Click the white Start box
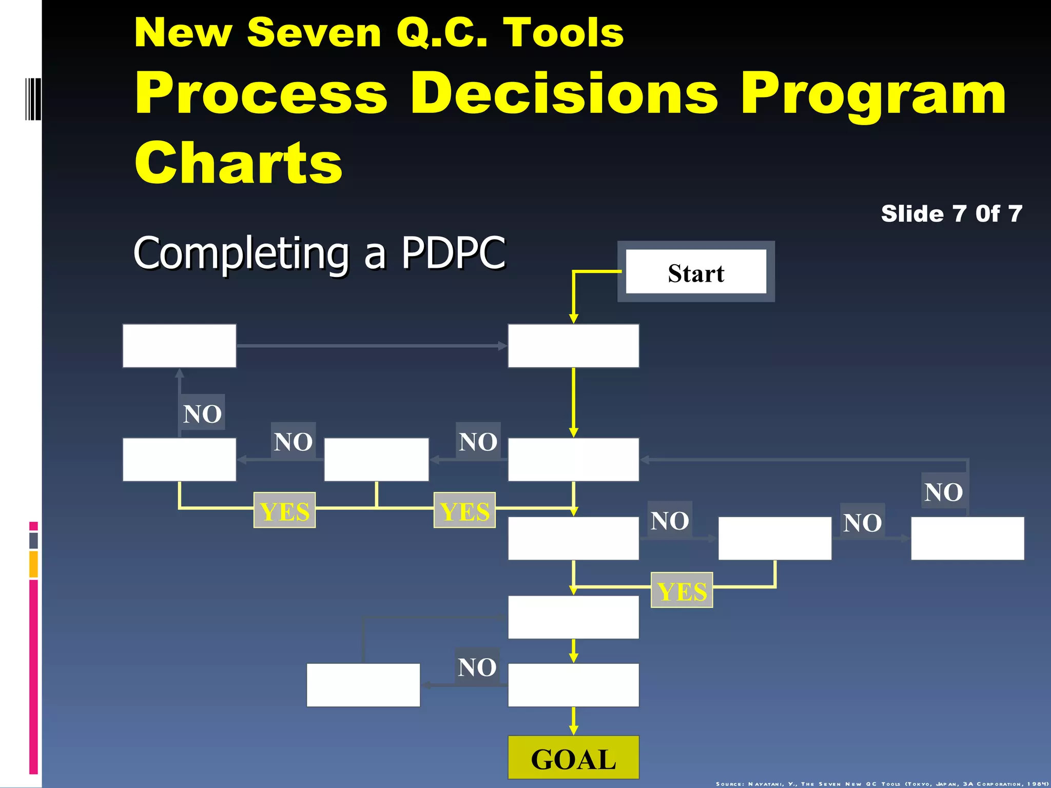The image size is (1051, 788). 696,272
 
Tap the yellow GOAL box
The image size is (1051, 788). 573,758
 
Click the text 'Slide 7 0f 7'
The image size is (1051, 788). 951,214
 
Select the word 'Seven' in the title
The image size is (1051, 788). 314,33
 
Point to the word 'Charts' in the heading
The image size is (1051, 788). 238,163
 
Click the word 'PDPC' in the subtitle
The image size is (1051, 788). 453,252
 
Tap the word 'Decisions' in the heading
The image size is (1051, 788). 564,93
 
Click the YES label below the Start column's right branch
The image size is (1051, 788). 682,590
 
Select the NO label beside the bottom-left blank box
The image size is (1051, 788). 477,667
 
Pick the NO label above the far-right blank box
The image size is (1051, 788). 943,491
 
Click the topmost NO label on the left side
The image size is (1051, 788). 202,413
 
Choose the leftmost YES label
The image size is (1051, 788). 284,510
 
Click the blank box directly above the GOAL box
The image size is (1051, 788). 573,685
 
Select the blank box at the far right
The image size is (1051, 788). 967,538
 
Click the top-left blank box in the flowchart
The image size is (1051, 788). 179,345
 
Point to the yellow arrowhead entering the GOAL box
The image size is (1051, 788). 574,730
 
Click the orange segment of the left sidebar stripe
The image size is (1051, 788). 33,564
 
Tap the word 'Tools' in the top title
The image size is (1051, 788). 563,33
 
